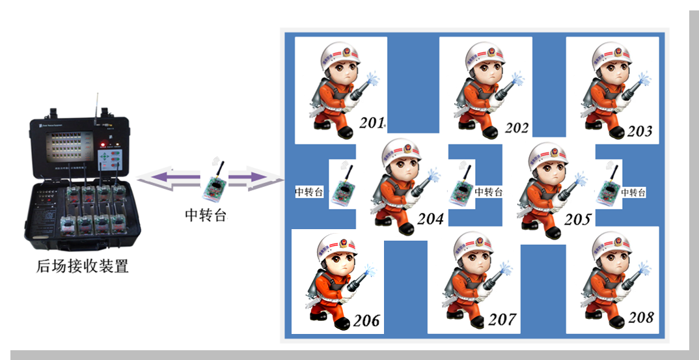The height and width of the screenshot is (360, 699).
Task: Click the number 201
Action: (x=372, y=122)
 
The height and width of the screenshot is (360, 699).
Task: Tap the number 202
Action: (x=517, y=128)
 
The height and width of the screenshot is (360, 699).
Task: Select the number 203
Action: (x=640, y=131)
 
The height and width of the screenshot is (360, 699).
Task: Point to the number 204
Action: (x=431, y=219)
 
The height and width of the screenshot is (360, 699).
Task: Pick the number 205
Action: (x=577, y=219)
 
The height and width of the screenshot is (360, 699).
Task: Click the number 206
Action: (x=367, y=320)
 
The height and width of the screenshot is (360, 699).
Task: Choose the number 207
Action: (x=502, y=320)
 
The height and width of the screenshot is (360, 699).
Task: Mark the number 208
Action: (x=641, y=317)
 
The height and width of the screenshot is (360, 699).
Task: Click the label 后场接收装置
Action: (x=83, y=266)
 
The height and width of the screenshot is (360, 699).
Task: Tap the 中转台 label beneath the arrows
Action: (x=206, y=215)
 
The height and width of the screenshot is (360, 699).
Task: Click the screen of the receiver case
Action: (x=70, y=146)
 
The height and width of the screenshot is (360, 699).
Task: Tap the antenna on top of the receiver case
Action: (x=97, y=106)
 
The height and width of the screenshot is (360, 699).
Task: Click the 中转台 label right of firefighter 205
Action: (x=633, y=193)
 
